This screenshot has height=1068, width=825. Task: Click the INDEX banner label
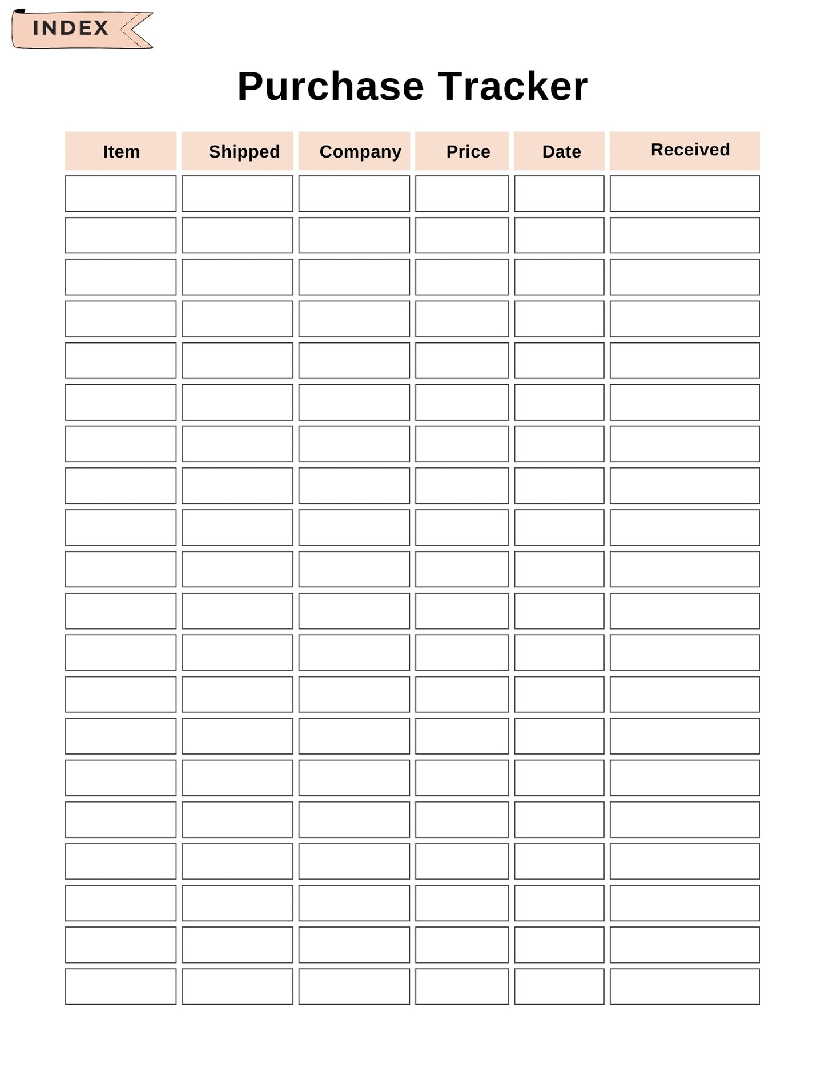coord(71,28)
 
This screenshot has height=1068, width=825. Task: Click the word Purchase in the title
coord(331,87)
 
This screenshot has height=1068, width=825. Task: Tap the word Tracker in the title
coord(513,87)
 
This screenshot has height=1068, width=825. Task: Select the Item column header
coord(121,151)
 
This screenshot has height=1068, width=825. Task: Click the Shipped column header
coord(244,151)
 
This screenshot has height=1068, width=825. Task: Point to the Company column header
coord(360,151)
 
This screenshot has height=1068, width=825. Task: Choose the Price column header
coord(468,151)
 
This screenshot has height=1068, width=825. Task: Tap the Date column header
coord(561,151)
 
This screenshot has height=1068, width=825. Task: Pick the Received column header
coord(690,150)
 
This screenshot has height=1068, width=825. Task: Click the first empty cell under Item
coord(120,194)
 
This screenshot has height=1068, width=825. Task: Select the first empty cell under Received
coord(685,194)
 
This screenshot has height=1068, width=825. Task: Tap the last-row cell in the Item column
coord(120,986)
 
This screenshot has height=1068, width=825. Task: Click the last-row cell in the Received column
coord(685,986)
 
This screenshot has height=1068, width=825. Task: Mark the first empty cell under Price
coord(462,194)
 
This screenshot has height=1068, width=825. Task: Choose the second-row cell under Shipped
coord(237,235)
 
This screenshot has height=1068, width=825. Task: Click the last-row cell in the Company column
coord(354,986)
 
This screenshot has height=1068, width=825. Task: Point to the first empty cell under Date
coord(559,194)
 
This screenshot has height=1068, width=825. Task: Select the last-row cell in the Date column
coord(559,986)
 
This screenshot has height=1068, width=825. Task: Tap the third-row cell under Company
coord(354,277)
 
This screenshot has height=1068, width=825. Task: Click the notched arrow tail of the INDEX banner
coord(136,29)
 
